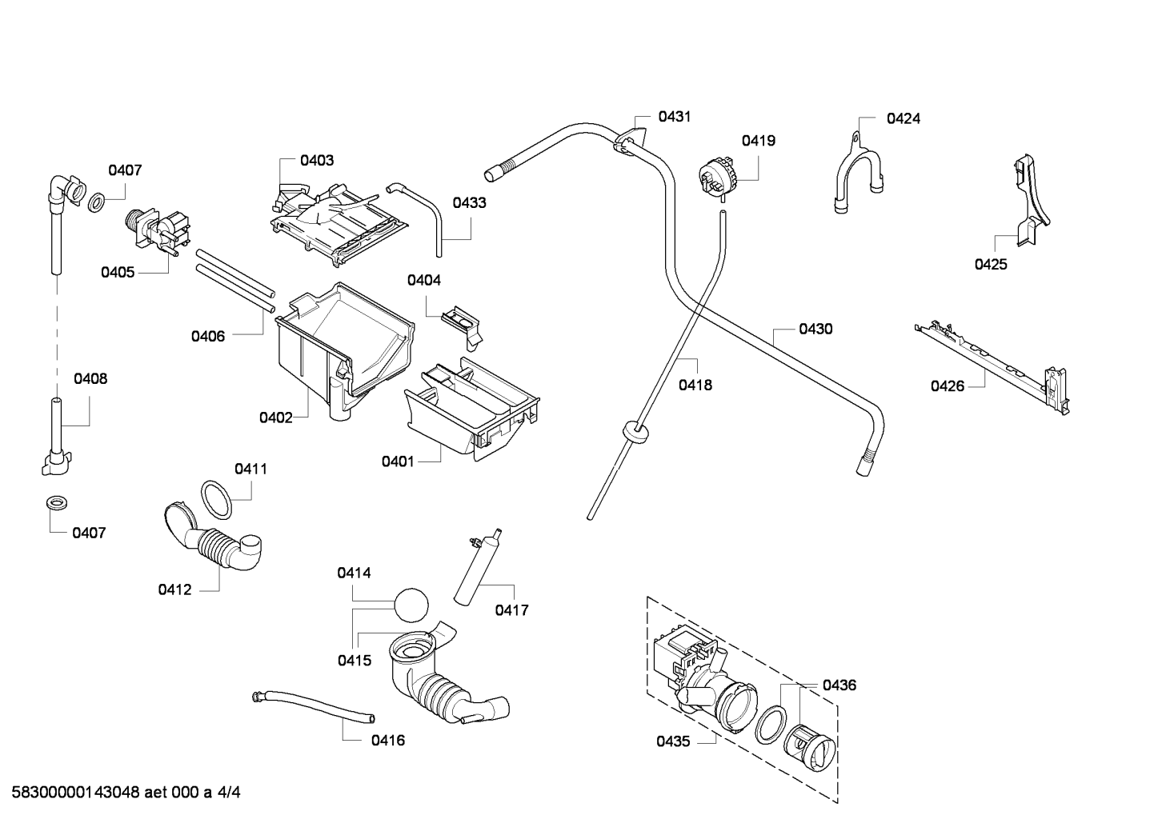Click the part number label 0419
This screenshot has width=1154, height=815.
coord(759,141)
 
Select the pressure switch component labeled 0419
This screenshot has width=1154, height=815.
coord(716,178)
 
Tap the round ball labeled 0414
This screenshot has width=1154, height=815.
coord(411,605)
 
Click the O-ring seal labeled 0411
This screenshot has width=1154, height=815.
coord(216,500)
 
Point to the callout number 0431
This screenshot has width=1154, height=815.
coord(675,117)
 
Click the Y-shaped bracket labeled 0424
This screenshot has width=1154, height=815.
coord(858,173)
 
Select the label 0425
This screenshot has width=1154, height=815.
coord(991,265)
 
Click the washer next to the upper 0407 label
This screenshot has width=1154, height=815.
coord(96,203)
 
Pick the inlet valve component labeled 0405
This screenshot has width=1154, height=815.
coord(158,231)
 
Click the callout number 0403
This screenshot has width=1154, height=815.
coord(317,161)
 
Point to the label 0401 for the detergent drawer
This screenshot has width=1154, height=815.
coord(398,461)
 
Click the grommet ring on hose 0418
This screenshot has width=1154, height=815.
coord(635,430)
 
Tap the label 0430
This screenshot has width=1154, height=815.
coord(815,329)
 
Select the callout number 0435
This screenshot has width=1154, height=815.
coord(673,742)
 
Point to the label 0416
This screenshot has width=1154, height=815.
coord(388,741)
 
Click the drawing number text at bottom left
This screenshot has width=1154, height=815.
coord(126,793)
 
